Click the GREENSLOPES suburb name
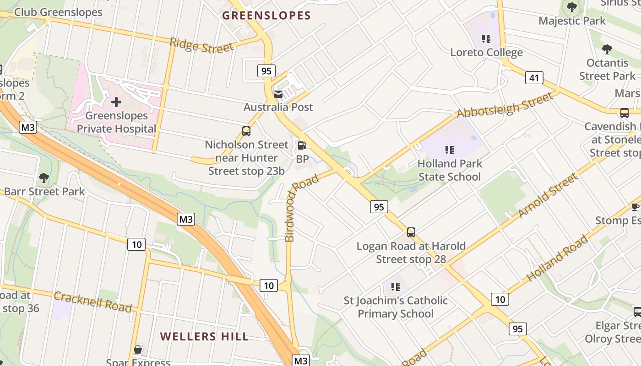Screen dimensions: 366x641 click(x=266, y=16)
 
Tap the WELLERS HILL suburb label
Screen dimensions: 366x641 click(x=204, y=337)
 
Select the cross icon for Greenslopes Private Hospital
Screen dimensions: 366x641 click(x=116, y=102)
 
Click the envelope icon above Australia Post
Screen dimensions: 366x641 click(x=278, y=94)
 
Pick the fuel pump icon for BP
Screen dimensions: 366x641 click(x=302, y=145)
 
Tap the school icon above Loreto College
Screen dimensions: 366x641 click(x=486, y=39)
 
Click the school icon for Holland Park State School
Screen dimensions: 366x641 click(x=450, y=150)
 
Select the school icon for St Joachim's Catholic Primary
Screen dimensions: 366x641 click(x=396, y=287)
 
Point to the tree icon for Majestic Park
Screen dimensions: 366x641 click(x=571, y=7)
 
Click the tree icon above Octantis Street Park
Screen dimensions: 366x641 click(x=607, y=49)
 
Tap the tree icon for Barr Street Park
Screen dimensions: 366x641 click(x=44, y=178)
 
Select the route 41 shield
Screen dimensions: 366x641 click(x=534, y=78)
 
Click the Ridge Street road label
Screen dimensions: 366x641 click(x=201, y=46)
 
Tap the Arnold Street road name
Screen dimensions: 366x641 click(x=548, y=196)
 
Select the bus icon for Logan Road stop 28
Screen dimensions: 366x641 click(x=411, y=232)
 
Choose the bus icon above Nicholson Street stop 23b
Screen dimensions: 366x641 click(x=246, y=131)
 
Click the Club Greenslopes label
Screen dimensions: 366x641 click(x=58, y=12)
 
